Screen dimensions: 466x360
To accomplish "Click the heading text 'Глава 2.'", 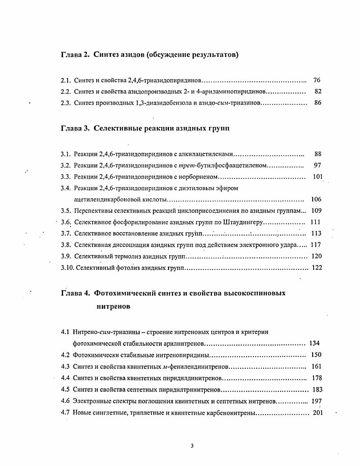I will (x=75, y=55).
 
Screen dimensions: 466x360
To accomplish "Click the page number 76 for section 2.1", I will (x=316, y=80).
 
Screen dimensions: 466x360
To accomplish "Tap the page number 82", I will (x=318, y=91).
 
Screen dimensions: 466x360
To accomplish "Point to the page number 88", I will (x=318, y=154).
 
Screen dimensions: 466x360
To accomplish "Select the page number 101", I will (x=317, y=177).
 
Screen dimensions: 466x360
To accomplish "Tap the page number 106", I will (x=316, y=199).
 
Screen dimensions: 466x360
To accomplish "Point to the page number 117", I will (x=316, y=245).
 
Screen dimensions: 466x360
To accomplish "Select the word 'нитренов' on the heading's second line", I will (x=114, y=306).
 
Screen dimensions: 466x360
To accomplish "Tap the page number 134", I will (x=314, y=343).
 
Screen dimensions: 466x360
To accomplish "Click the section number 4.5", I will (x=65, y=389).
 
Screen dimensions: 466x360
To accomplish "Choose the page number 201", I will (x=318, y=412).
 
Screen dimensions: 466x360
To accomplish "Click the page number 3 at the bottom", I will (x=192, y=446).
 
